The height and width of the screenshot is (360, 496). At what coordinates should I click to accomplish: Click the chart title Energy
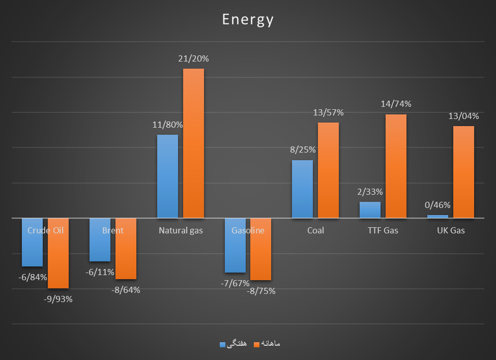coord(248,20)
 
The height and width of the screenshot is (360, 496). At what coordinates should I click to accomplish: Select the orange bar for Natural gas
coord(193,143)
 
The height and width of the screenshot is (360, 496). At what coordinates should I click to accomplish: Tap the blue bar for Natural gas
coord(167,176)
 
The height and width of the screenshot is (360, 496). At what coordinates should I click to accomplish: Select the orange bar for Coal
coord(328,170)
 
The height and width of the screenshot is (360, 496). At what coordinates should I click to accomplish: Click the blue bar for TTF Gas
coord(370,210)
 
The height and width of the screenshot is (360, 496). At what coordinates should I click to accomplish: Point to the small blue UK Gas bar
coord(437,217)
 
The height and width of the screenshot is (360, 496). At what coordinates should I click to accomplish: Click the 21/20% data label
coord(193,58)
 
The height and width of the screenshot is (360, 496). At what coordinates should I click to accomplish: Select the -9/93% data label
coord(58,299)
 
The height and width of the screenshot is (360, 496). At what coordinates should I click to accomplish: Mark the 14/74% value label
coord(396,104)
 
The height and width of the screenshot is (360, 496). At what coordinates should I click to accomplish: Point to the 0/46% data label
coord(437,205)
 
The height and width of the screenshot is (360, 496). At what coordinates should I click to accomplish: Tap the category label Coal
coord(315,230)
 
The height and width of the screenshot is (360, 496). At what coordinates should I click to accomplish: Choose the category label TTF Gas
coord(383,230)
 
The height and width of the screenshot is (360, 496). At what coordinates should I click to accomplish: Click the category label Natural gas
coord(181,230)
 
